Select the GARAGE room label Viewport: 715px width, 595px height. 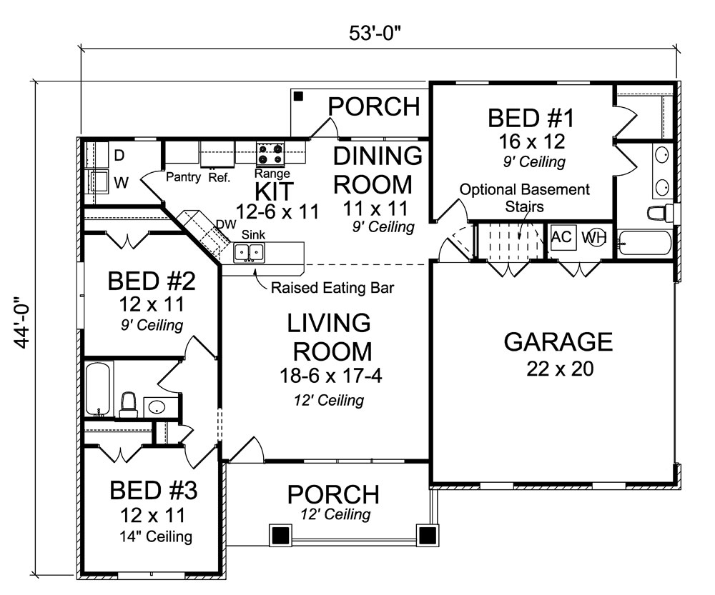click(558, 342)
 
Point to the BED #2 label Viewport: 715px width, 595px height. click(151, 281)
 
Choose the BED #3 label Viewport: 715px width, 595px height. click(153, 491)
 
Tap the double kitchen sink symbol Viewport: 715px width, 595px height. click(250, 251)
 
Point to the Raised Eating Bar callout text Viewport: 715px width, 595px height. click(332, 288)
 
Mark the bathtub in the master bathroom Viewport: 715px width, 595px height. click(643, 243)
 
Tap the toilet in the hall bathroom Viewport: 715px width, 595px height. click(129, 404)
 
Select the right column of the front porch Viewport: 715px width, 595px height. click(427, 534)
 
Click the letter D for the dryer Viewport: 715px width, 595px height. click(119, 155)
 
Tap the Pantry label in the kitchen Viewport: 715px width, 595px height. click(182, 177)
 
